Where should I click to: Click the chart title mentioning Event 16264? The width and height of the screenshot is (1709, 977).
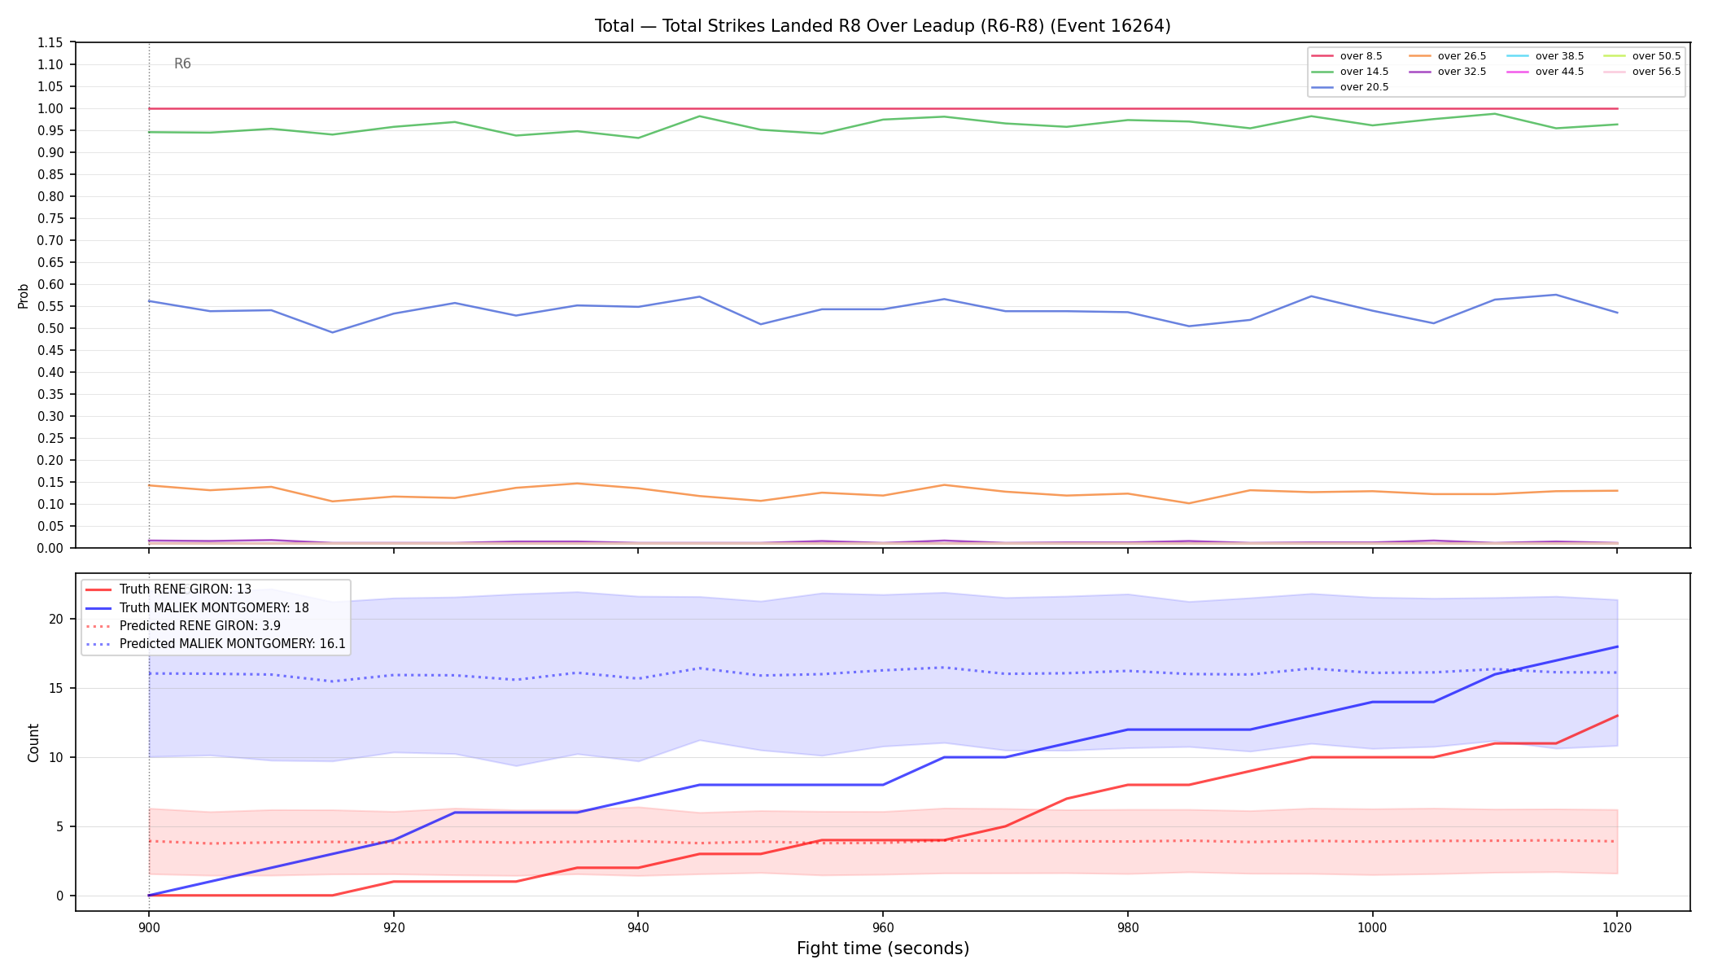click(x=883, y=26)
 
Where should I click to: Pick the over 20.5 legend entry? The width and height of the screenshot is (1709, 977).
click(x=1350, y=87)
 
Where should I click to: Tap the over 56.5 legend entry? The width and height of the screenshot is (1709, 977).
click(x=1642, y=72)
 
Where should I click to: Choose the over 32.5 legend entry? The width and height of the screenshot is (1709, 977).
click(x=1448, y=72)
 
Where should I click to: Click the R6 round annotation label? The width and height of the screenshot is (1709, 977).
click(x=182, y=64)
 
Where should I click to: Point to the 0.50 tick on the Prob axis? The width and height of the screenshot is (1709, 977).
click(x=51, y=328)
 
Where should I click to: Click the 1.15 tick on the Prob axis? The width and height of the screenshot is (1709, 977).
click(x=51, y=42)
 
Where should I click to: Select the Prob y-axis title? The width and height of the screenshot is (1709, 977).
click(x=24, y=296)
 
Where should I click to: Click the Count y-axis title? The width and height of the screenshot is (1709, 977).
click(x=33, y=743)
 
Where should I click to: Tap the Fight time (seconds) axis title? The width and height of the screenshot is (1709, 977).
click(x=883, y=949)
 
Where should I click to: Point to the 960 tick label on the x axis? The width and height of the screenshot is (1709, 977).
click(x=883, y=927)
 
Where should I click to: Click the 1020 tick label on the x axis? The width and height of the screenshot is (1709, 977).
click(x=1617, y=927)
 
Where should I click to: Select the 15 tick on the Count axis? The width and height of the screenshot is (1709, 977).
click(x=56, y=688)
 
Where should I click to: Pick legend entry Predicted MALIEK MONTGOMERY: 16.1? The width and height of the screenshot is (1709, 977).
click(x=216, y=644)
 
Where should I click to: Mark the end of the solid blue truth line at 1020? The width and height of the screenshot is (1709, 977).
click(x=1617, y=646)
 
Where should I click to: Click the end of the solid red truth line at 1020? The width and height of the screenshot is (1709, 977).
click(x=1617, y=716)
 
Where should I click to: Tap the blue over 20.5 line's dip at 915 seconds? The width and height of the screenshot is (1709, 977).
click(x=332, y=332)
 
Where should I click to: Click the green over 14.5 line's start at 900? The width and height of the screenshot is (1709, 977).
click(x=149, y=132)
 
